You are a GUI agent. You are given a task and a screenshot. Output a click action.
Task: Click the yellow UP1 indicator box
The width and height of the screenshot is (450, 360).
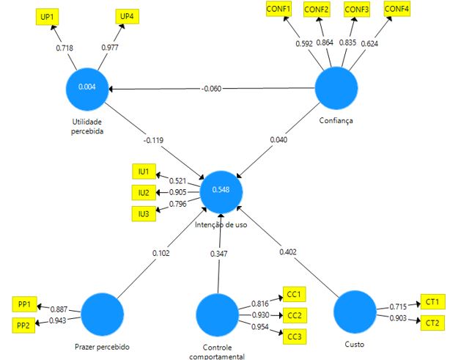pyautogui.click(x=46, y=15)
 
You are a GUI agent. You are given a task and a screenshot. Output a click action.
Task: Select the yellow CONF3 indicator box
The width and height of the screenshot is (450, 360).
pyautogui.click(x=357, y=9)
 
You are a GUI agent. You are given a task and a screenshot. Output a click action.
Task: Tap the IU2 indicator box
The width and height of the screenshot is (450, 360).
pyautogui.click(x=143, y=192)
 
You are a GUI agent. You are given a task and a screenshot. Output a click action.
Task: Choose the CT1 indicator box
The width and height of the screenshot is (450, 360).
pyautogui.click(x=431, y=301)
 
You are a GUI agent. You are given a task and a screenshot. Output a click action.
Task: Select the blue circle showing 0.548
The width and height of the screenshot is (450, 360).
pyautogui.click(x=222, y=191)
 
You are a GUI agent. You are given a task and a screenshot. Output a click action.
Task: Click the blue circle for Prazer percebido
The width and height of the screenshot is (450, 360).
pyautogui.click(x=101, y=313)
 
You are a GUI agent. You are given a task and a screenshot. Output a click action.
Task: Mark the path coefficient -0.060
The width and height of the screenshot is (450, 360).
pyautogui.click(x=210, y=89)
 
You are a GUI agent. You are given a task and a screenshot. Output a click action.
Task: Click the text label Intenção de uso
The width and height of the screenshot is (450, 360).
pyautogui.click(x=221, y=224)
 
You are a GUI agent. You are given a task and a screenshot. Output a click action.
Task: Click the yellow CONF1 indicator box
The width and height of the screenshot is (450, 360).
pyautogui.click(x=278, y=9)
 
